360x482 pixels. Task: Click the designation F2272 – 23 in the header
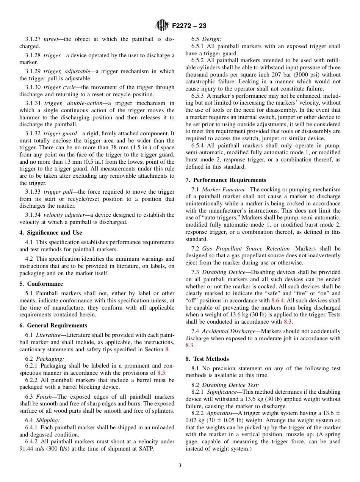click(189, 26)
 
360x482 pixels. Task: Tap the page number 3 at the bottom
click(180, 465)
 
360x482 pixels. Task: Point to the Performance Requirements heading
click(226, 180)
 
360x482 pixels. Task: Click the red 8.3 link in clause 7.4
click(189, 345)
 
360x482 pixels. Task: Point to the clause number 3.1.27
click(33, 39)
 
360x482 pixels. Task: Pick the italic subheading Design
click(212, 39)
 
